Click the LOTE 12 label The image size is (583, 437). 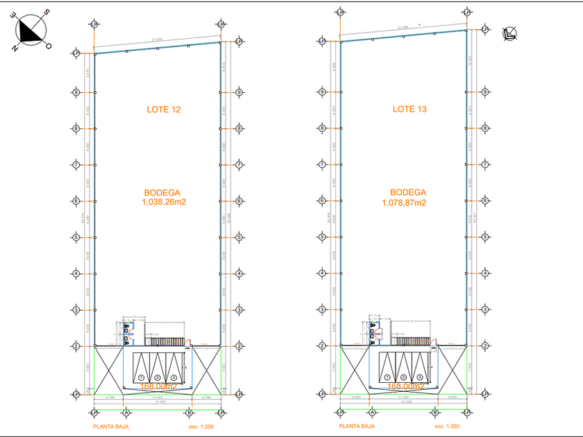[x=164, y=110]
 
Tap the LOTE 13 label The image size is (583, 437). [x=409, y=110]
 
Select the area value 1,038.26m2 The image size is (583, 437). [x=164, y=203]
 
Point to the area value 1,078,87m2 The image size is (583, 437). [x=404, y=203]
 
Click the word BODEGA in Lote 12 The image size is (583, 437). [x=164, y=192]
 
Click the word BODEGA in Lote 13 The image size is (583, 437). [x=408, y=192]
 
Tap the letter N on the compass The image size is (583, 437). [x=15, y=47]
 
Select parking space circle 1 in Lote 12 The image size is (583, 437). [x=141, y=377]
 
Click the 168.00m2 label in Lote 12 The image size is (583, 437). [x=159, y=386]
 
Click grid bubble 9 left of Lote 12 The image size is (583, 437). [x=76, y=92]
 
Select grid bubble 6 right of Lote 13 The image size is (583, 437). [x=485, y=200]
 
